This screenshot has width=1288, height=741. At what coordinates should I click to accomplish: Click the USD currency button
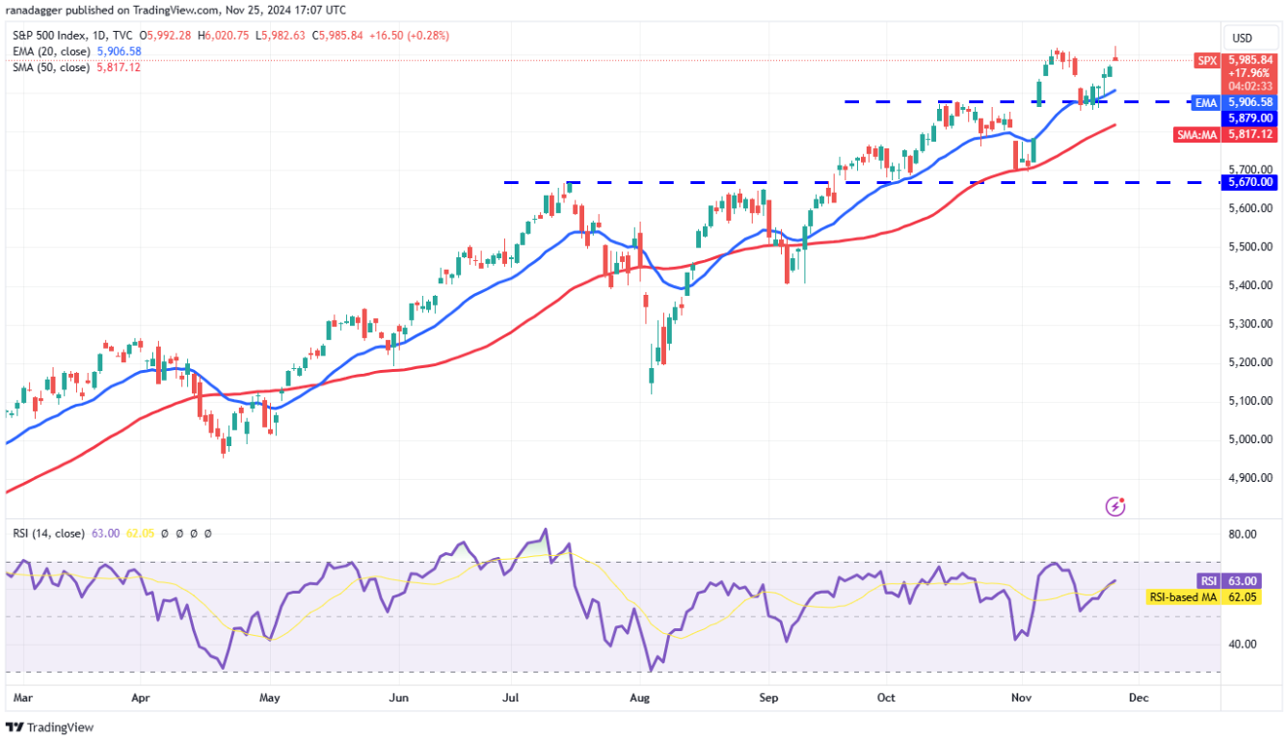coord(1242,38)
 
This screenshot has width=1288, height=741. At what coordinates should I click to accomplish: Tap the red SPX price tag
coord(1206,60)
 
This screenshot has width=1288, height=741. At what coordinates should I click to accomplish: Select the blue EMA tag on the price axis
coord(1206,102)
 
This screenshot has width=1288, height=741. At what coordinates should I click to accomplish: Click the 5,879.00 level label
coord(1249,118)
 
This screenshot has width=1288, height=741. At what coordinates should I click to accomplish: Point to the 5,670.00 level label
coord(1249,181)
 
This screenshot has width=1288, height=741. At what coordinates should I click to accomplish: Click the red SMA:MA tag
coord(1197,135)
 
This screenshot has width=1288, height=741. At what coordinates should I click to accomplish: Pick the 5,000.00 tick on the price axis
coord(1249,439)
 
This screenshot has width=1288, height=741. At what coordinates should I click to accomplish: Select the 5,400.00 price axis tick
coord(1249,285)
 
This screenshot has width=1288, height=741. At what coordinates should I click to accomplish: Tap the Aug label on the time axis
coord(639,695)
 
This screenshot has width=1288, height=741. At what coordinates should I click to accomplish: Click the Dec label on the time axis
coord(1139,695)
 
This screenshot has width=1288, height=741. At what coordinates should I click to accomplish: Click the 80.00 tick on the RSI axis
coord(1244,534)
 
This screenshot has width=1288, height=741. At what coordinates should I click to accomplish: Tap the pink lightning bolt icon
coord(1115,506)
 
